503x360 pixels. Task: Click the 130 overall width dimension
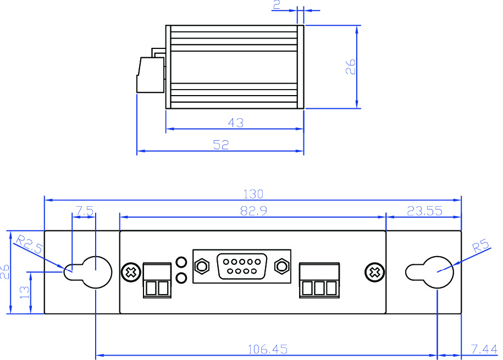pyautogui.click(x=253, y=194)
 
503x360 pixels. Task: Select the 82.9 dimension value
pyautogui.click(x=253, y=211)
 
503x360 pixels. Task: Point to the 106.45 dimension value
pyautogui.click(x=268, y=349)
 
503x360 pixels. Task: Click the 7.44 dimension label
pyautogui.click(x=484, y=349)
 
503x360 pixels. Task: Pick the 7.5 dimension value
pyautogui.click(x=84, y=211)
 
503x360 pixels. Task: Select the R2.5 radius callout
pyautogui.click(x=29, y=244)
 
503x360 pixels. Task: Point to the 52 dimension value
pyautogui.click(x=220, y=145)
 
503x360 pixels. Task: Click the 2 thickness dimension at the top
pyautogui.click(x=277, y=5)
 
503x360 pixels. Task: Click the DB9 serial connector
pyautogui.click(x=242, y=267)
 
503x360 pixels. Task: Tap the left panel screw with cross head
pyautogui.click(x=131, y=272)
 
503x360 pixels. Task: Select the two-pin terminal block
pyautogui.click(x=156, y=280)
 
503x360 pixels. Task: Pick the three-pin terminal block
pyautogui.click(x=319, y=280)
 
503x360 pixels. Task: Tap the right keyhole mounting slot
pyautogui.click(x=430, y=271)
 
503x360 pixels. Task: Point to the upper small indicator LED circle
pyautogui.click(x=181, y=262)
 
